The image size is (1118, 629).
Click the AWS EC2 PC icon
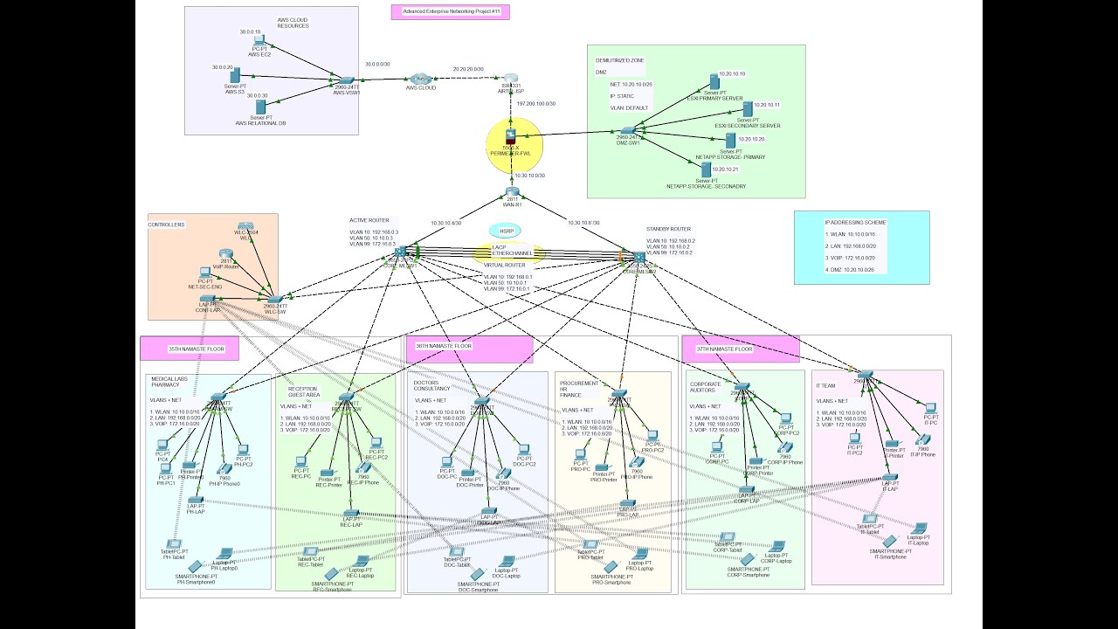click(258, 41)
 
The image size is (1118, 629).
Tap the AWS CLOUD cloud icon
click(421, 79)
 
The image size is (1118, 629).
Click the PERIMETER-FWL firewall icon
click(511, 136)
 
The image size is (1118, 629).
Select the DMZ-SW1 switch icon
click(627, 130)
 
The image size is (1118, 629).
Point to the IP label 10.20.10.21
click(725, 169)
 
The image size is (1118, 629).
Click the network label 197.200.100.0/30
click(536, 104)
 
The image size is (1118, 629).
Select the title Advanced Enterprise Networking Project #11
click(451, 12)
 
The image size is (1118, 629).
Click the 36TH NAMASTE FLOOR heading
click(444, 346)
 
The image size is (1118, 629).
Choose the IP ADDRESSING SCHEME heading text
click(855, 223)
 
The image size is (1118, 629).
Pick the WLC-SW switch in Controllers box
click(275, 299)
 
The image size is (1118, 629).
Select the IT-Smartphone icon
click(889, 543)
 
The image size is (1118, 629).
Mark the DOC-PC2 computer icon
click(523, 452)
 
